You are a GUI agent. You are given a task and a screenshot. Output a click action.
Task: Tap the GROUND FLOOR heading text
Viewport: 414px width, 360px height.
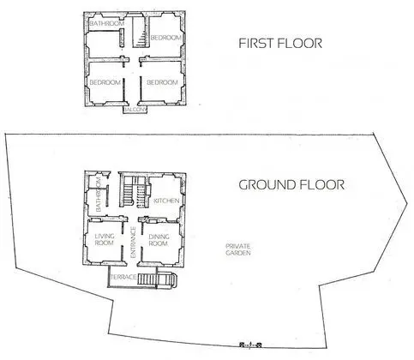(x=291, y=184)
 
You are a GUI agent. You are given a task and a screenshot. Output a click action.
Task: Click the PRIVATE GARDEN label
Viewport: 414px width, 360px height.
(x=237, y=249)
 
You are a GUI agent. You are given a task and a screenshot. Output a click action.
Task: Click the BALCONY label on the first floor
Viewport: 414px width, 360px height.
(x=135, y=110)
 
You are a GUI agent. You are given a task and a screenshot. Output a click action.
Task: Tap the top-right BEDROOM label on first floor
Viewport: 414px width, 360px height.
(x=165, y=39)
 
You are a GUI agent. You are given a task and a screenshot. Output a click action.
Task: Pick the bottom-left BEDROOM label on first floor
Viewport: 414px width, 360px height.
(x=105, y=82)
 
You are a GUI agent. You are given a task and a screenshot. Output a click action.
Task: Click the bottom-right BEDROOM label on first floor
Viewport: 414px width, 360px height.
(x=162, y=82)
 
